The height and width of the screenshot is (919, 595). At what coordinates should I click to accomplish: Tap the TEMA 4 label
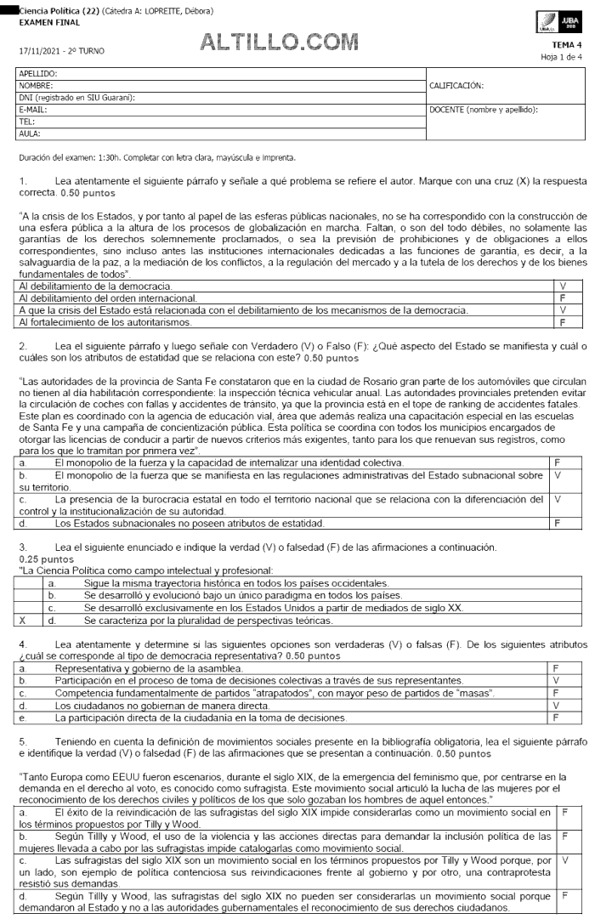tap(567, 44)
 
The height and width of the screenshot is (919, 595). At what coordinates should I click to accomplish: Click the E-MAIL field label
tap(33, 110)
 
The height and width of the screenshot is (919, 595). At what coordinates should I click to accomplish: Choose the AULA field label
tap(30, 133)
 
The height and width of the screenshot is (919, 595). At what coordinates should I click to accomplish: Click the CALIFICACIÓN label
tap(458, 86)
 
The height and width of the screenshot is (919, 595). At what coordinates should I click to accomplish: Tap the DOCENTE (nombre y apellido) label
tap(485, 110)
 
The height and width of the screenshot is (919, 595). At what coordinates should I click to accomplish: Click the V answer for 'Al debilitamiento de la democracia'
tap(563, 286)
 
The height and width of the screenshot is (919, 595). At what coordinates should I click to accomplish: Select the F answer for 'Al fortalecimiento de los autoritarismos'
tap(563, 322)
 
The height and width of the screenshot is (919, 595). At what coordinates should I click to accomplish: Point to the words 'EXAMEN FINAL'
tap(44, 21)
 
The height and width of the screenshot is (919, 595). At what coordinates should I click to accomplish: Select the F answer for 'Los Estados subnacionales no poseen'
tap(556, 523)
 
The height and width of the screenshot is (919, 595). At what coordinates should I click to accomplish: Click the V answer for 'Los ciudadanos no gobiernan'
tap(556, 705)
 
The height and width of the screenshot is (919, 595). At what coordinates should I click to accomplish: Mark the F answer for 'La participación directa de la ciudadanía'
tap(556, 717)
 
